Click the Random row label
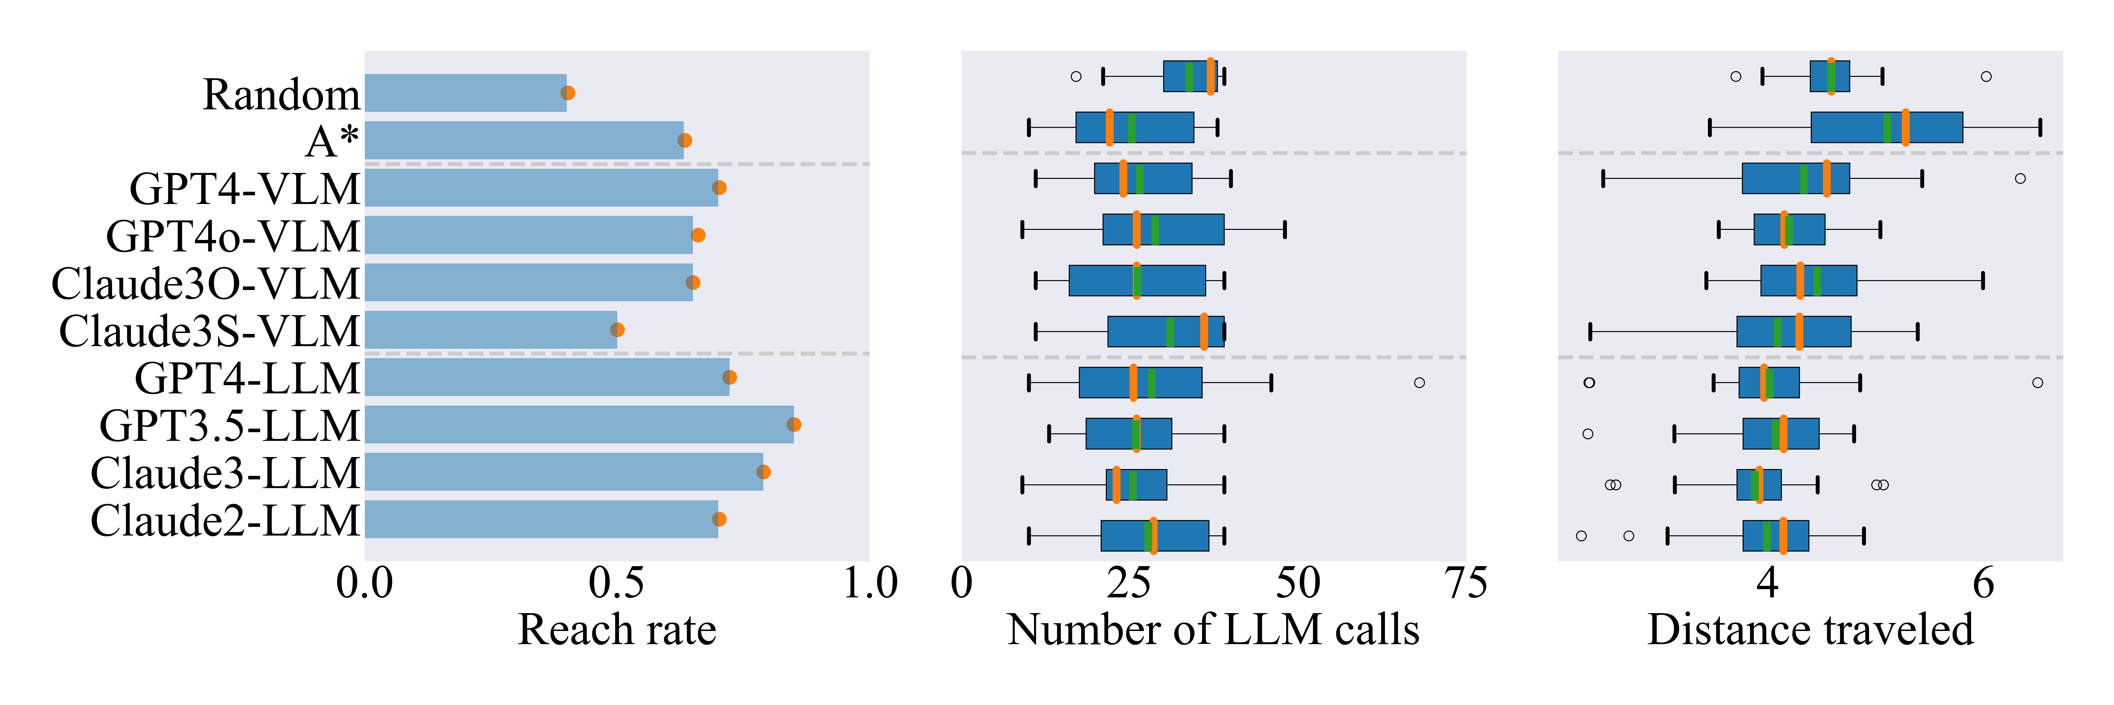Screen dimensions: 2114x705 [281, 94]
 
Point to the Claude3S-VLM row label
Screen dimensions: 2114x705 [209, 331]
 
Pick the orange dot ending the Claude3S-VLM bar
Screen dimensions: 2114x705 [617, 330]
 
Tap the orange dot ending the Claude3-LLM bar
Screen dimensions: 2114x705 [763, 472]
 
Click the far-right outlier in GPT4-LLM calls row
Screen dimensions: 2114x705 [1419, 382]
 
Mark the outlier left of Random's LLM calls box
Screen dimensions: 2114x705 [1076, 76]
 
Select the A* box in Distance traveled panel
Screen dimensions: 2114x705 [1887, 127]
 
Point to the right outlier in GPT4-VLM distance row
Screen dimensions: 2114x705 [2021, 178]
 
